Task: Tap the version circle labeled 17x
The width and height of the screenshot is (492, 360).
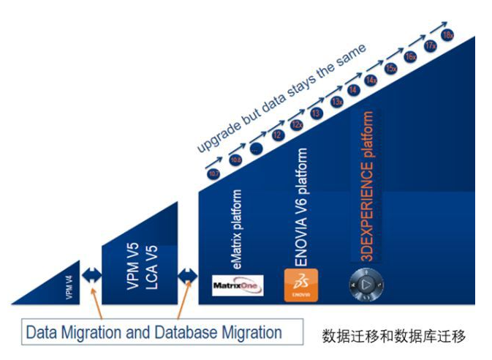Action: (430, 45)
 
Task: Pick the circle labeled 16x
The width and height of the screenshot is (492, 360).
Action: (411, 56)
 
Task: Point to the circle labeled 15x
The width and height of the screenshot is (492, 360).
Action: (391, 68)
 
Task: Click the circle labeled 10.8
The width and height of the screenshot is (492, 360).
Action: (235, 160)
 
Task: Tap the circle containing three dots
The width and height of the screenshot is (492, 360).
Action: (256, 149)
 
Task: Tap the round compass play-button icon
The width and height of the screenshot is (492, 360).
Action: (367, 284)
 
